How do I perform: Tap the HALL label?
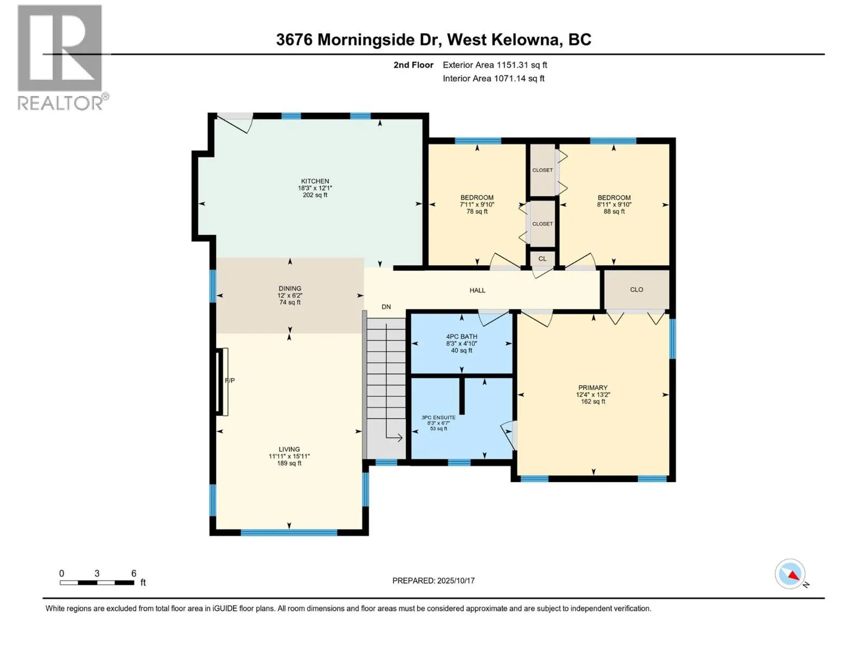coord(477,290)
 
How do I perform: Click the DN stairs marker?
coord(386,307)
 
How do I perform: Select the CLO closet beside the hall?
coord(637,289)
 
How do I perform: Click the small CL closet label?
coord(542,259)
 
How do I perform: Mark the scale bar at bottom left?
coord(97,583)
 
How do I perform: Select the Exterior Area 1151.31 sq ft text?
coord(495,65)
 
